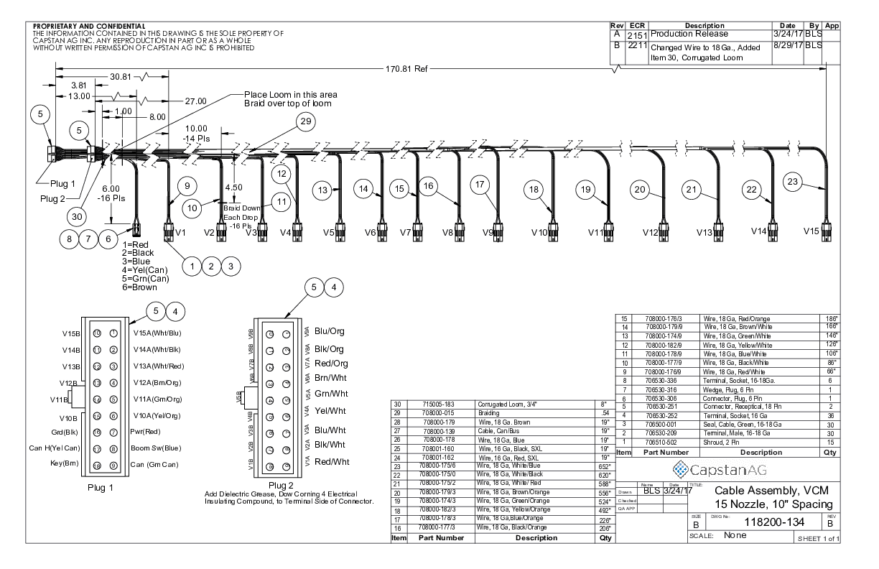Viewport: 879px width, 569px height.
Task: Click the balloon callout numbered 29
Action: (304, 123)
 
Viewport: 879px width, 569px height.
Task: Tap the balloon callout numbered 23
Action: (792, 182)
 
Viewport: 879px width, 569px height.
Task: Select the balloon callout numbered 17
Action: (480, 184)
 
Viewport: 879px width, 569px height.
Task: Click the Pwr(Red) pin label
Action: (146, 433)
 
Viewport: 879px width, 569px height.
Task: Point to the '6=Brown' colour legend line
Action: (139, 287)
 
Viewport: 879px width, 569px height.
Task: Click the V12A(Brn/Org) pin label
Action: (156, 382)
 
